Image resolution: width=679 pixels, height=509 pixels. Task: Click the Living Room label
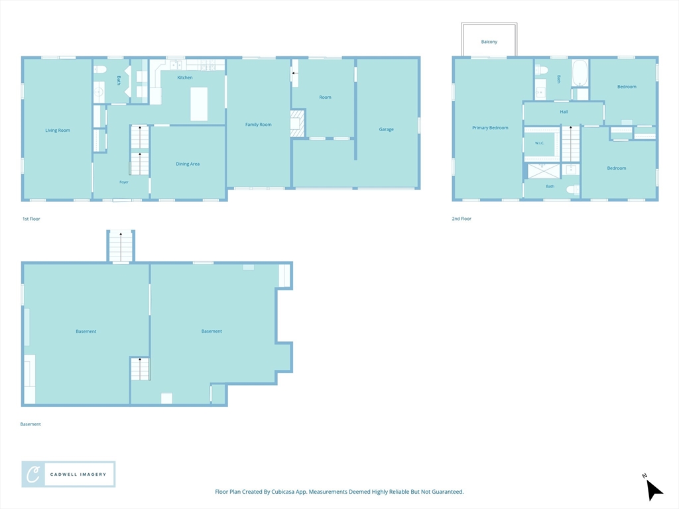[58, 131]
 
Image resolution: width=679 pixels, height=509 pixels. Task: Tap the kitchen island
[199, 104]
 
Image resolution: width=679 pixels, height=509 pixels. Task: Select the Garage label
[387, 129]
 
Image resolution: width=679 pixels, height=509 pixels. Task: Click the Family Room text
[259, 125]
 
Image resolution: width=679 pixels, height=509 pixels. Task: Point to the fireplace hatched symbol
[298, 123]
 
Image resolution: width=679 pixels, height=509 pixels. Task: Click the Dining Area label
[188, 164]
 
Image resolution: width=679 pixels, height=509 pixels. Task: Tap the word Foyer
[124, 182]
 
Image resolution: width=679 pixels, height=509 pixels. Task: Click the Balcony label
[489, 42]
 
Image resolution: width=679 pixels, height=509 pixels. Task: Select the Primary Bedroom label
[490, 128]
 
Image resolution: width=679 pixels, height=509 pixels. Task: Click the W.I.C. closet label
[540, 143]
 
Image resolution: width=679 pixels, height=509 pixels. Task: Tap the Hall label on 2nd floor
[564, 111]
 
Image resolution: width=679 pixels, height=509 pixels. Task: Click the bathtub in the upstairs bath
[580, 73]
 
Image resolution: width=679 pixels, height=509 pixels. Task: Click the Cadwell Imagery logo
[68, 475]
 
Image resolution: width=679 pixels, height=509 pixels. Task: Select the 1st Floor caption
[31, 219]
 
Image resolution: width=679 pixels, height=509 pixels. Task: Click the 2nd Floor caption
[462, 219]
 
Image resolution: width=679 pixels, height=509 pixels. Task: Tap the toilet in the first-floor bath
[100, 69]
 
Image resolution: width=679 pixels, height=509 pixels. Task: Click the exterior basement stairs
[121, 247]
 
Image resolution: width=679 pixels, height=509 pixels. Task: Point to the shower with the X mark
[544, 171]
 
